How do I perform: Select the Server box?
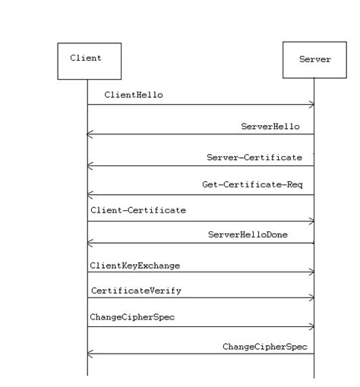314,61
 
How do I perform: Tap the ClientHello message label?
134,96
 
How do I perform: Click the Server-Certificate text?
254,158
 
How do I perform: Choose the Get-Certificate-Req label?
252,184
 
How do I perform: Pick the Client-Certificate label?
137,210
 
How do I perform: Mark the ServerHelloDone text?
258,235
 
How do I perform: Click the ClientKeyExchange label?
134,266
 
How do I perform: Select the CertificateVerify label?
136,291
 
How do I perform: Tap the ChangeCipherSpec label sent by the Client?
132,317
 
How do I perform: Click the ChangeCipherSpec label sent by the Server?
264,346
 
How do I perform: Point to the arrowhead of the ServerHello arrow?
90,134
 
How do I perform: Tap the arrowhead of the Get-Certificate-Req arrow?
90,194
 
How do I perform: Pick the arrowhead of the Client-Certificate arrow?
311,222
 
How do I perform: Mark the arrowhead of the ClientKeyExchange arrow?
311,272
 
